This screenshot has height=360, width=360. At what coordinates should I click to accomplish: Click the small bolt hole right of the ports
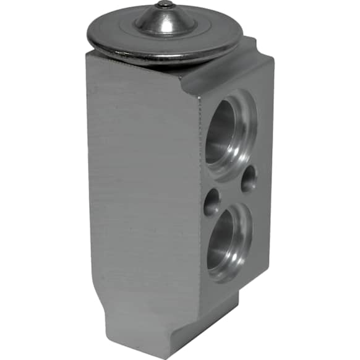[249, 179]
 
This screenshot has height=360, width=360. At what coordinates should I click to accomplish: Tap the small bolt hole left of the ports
[212, 201]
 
